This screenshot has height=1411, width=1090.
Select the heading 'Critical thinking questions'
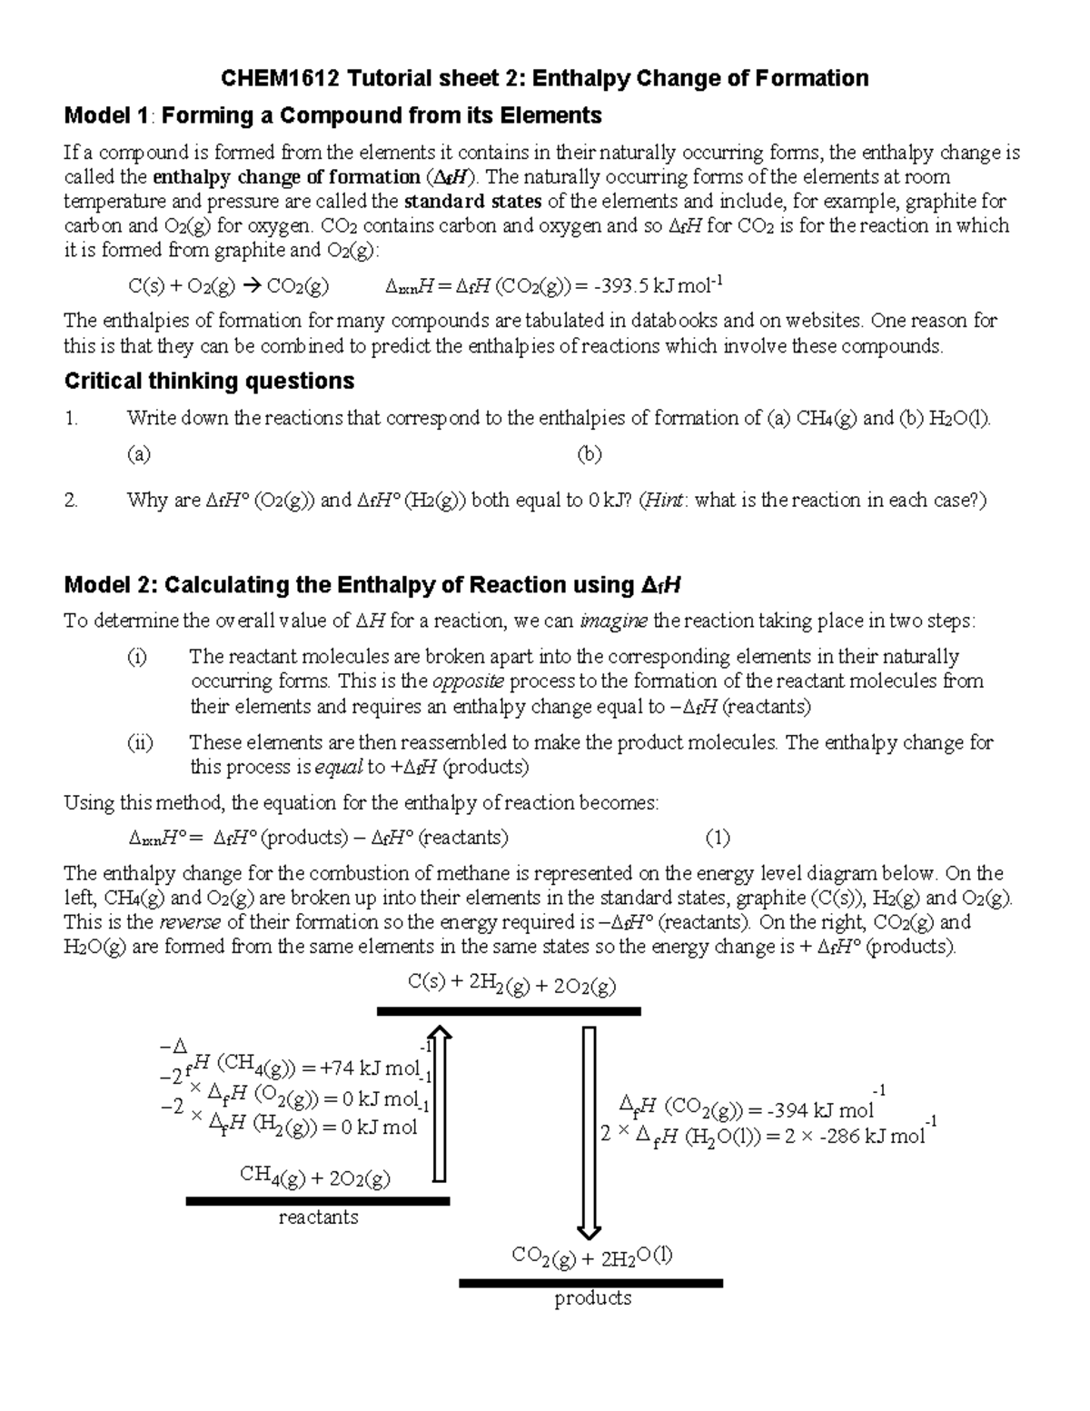point(209,381)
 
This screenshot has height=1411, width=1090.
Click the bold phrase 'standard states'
point(472,201)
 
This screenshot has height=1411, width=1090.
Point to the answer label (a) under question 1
point(138,454)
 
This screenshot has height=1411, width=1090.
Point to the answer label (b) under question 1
point(590,454)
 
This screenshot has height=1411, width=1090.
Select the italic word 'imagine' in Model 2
point(613,621)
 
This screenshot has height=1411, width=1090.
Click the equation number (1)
point(718,838)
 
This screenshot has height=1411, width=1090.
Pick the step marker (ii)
point(139,743)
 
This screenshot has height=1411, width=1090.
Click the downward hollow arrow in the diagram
point(590,1131)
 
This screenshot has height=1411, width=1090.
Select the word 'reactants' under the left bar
point(318,1217)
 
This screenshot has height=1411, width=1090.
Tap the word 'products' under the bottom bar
point(592,1298)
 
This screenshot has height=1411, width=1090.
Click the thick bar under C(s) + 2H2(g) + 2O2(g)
point(509,1011)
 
